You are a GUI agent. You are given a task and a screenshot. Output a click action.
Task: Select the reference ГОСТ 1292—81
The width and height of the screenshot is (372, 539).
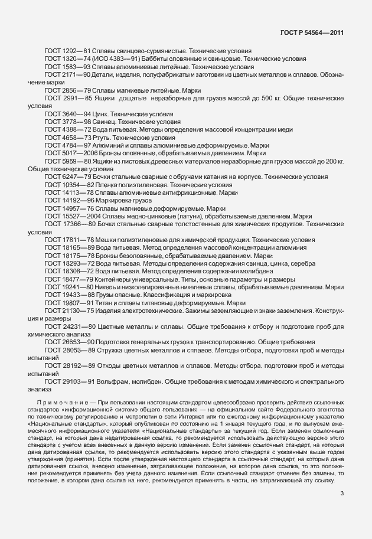64,51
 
